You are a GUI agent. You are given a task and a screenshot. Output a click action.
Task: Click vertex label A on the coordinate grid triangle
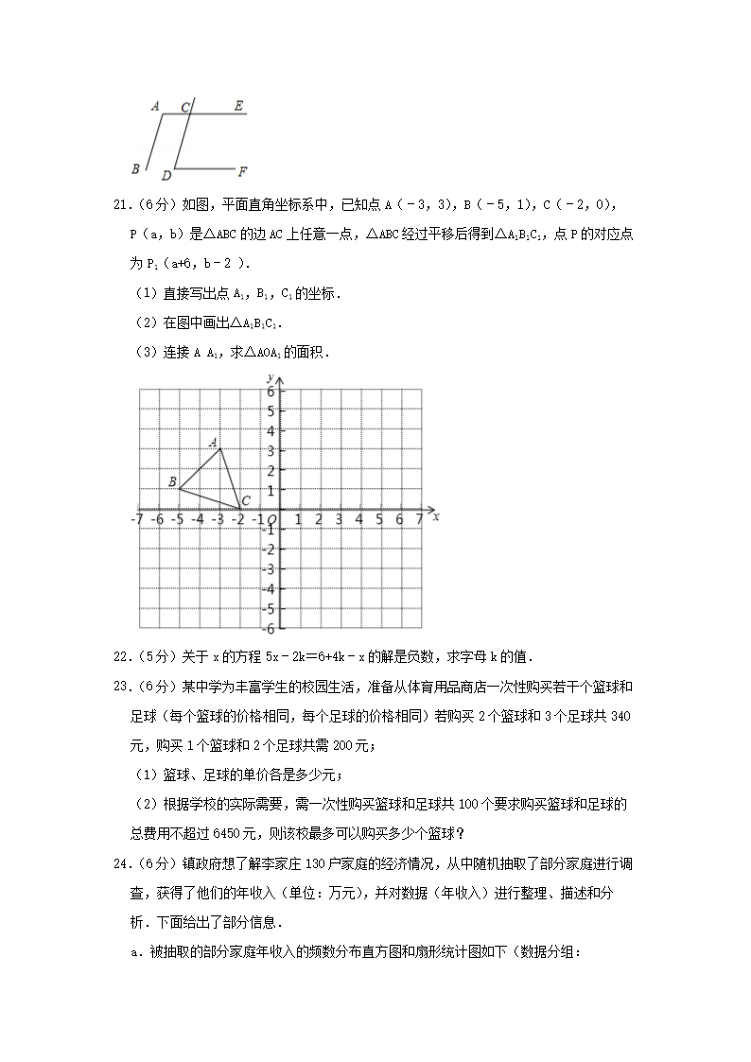coord(214,442)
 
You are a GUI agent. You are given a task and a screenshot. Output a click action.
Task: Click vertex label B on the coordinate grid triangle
coord(172,482)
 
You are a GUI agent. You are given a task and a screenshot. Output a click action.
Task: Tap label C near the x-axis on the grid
coord(245,500)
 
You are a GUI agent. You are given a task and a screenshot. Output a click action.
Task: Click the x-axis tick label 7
coord(419,519)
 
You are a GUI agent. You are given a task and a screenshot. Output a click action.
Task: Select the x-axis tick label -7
coord(137,519)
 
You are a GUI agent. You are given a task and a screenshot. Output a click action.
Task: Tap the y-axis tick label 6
coord(270,392)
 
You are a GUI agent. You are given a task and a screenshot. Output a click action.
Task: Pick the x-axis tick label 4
coord(358,519)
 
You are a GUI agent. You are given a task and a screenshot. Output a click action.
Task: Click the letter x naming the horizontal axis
coord(435,516)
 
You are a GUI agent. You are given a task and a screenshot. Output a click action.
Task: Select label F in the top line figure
coord(242,171)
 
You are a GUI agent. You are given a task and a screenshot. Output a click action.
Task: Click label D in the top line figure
coord(166,175)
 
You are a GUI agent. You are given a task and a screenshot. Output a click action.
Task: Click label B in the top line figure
coord(136,169)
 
